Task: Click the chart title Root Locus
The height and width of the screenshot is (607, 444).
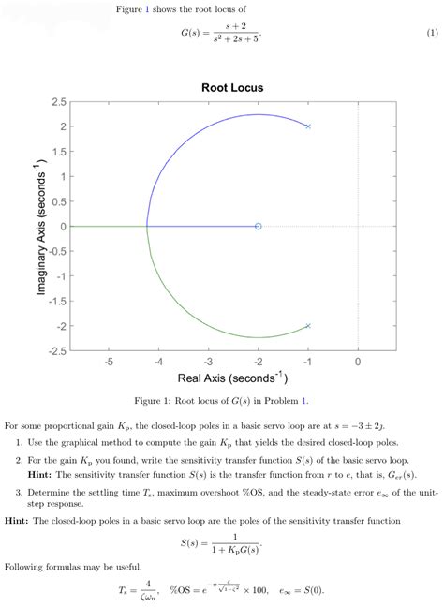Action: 232,87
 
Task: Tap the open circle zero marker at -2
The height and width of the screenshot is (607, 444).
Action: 259,226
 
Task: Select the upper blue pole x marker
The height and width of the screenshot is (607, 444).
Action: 308,126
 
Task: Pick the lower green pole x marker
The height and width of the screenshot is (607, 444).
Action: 308,326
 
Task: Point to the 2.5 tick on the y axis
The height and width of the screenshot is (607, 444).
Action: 58,101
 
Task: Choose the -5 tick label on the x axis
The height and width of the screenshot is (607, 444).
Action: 109,362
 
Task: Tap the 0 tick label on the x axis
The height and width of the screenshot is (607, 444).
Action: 358,362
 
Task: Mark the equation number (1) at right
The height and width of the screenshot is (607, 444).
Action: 432,33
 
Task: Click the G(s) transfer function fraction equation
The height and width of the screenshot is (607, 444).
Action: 221,33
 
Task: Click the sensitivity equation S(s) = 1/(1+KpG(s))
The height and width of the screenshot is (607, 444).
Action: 221,542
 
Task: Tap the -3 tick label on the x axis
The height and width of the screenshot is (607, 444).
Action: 208,362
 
